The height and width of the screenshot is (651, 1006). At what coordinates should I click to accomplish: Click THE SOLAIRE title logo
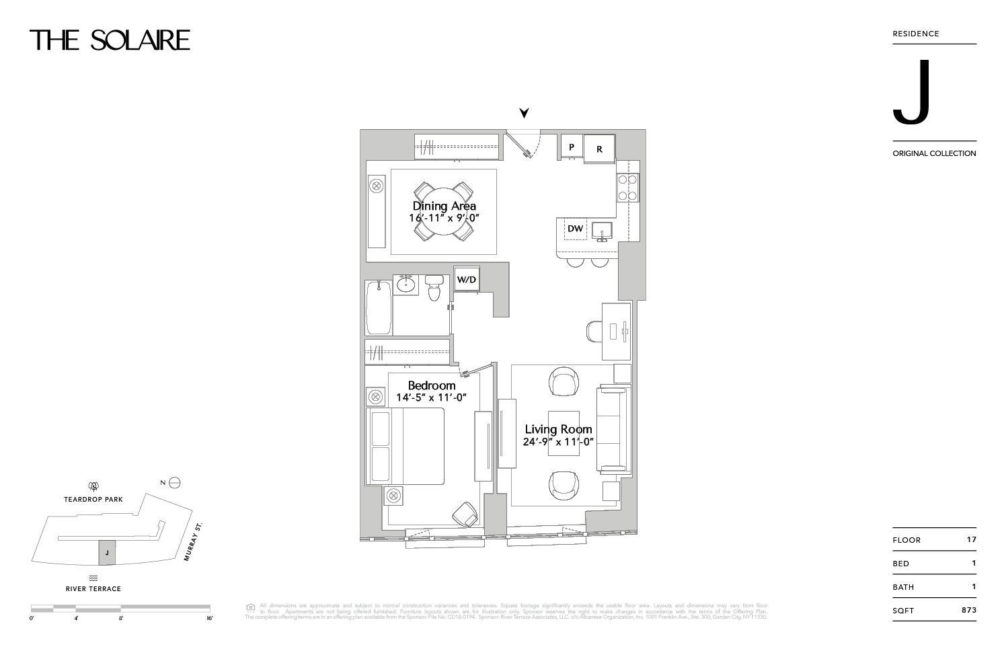110,40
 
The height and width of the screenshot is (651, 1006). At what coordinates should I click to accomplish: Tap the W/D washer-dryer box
467,279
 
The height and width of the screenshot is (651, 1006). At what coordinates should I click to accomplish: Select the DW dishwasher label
575,229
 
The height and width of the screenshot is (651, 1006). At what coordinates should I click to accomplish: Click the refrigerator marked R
599,149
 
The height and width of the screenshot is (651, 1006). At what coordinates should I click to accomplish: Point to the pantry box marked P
572,147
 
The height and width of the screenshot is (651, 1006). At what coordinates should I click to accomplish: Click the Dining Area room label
444,206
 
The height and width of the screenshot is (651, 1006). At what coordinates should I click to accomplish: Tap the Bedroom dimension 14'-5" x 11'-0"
431,397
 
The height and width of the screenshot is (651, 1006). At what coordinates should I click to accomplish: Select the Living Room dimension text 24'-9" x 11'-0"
558,442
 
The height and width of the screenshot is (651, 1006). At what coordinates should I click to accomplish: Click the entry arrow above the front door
524,112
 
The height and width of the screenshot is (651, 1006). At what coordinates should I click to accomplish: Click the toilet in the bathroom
434,289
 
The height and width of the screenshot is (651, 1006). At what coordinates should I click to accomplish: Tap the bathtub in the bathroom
379,307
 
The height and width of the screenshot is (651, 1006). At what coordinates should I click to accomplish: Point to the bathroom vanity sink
406,284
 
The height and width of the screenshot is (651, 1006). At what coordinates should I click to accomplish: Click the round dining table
444,211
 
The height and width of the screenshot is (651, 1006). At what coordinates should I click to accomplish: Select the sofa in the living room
611,429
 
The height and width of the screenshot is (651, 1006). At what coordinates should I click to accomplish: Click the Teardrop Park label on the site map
93,500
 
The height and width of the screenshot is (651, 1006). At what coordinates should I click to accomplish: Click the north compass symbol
175,482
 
